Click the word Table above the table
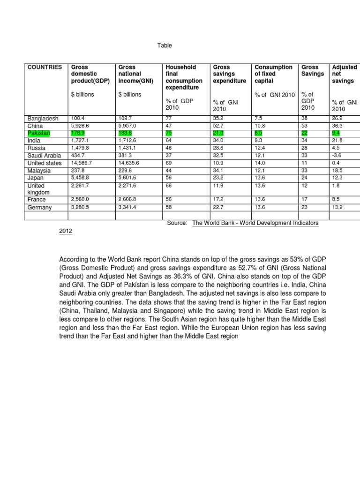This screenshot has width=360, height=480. tap(165, 45)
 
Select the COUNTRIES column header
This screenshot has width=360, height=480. tap(45, 67)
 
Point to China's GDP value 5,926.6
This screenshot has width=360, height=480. tap(81, 126)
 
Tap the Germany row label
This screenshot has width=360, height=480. tap(40, 207)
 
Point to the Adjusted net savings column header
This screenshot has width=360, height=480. tap(344, 74)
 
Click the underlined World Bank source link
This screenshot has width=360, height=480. tap(255, 223)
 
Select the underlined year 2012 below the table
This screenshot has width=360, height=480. tap(66, 232)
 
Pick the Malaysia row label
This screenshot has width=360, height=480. tap(40, 171)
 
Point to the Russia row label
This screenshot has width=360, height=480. tap(37, 149)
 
